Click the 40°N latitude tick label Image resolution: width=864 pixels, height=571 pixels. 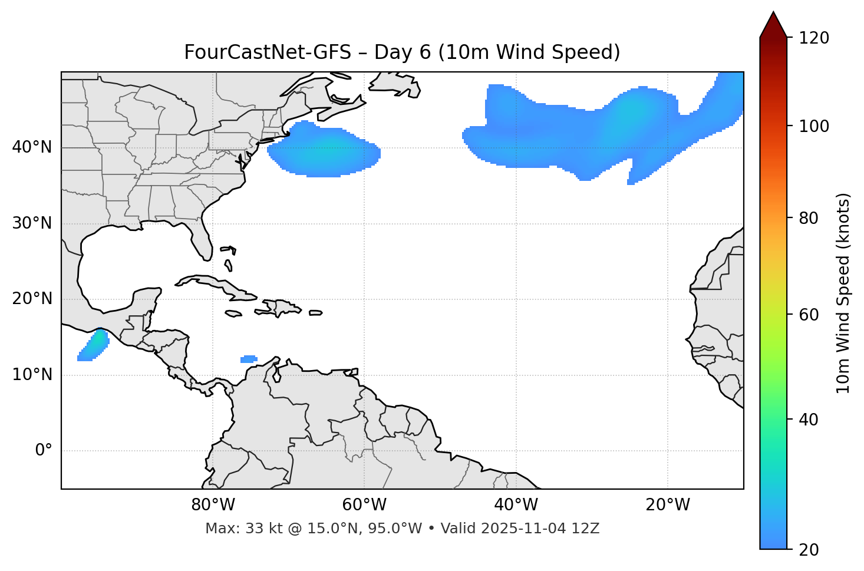pos(32,147)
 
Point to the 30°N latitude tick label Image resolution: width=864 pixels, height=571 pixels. pos(32,223)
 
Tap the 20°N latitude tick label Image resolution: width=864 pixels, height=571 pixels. pos(32,299)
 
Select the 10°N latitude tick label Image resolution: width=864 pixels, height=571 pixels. pos(32,375)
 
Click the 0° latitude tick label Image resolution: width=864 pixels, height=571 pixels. pos(44,451)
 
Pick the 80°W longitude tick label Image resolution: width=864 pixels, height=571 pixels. pos(213,505)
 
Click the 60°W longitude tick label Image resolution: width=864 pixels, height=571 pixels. pos(364,505)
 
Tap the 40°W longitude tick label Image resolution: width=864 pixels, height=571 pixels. pos(516,505)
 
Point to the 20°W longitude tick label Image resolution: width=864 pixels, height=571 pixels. pos(667,505)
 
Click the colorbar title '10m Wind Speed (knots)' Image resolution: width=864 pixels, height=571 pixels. pos(843,293)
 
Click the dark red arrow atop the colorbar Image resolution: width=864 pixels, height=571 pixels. pos(773,25)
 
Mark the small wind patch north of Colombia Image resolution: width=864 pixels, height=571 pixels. pos(249,359)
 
